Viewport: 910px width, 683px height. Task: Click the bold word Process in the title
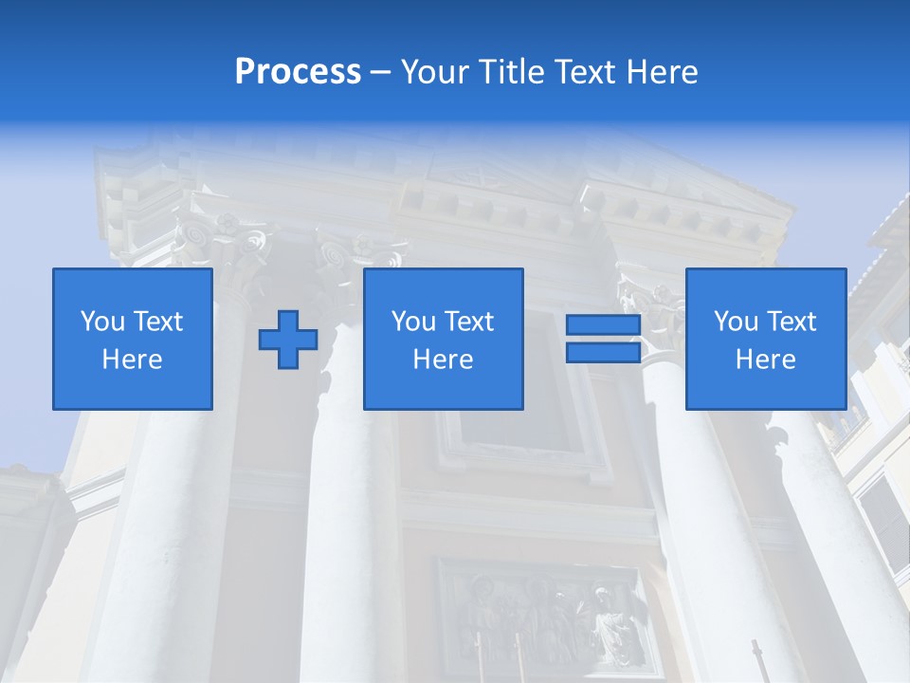click(x=298, y=72)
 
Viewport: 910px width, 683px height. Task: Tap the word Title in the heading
click(x=510, y=72)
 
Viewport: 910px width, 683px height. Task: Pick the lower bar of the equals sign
click(x=603, y=352)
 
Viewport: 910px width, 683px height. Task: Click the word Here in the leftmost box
click(x=132, y=360)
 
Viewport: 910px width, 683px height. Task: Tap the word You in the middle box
click(x=413, y=322)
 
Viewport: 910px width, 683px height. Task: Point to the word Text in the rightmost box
click(x=793, y=322)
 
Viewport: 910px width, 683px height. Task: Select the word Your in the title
click(x=435, y=72)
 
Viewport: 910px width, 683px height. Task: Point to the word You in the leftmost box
click(x=102, y=322)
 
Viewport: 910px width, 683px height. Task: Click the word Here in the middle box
click(x=443, y=360)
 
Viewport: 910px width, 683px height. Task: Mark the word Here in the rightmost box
click(x=765, y=360)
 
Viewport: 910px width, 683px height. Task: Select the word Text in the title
click(x=587, y=72)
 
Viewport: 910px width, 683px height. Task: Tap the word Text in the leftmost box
click(x=157, y=322)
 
